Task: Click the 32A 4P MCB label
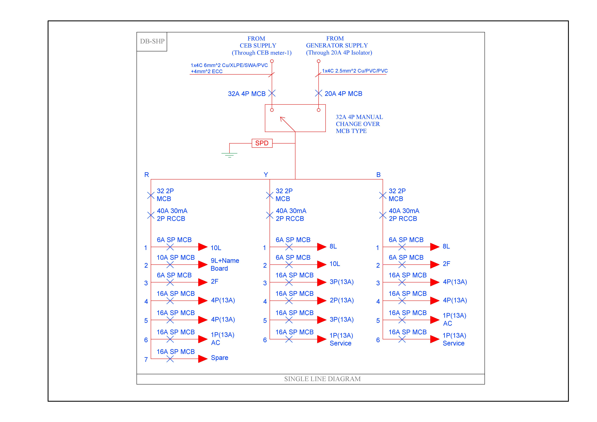click(x=246, y=94)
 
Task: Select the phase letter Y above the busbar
click(x=266, y=175)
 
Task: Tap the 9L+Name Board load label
click(x=225, y=264)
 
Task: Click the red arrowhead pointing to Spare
click(x=203, y=359)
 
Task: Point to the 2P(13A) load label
click(x=342, y=300)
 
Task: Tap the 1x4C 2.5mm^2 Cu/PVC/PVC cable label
click(x=355, y=71)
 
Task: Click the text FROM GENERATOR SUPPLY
click(x=337, y=42)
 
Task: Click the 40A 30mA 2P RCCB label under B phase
click(x=404, y=215)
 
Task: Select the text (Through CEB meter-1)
click(x=262, y=53)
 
